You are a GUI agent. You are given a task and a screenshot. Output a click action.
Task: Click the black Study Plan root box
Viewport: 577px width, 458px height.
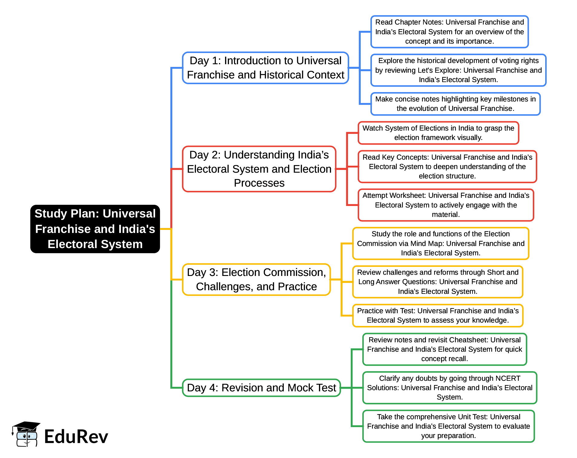point(95,229)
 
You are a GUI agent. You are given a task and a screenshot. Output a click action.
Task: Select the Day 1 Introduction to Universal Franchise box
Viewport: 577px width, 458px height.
point(265,68)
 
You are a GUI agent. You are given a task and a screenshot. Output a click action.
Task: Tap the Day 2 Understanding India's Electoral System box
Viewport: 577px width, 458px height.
point(259,169)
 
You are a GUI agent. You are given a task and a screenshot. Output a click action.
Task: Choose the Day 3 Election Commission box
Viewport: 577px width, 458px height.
point(256,280)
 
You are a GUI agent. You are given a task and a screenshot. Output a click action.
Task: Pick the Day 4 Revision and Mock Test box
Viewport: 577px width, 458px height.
point(261,388)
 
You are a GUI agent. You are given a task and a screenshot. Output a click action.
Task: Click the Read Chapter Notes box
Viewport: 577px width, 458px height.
point(449,32)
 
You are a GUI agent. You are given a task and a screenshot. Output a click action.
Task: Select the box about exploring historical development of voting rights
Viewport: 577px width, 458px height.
point(458,70)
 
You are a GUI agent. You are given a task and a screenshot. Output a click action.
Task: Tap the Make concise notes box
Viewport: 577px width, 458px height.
point(455,104)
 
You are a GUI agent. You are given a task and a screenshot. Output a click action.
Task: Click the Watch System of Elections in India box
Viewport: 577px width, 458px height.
point(438,133)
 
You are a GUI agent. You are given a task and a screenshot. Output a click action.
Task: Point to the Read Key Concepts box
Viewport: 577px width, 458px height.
point(447,167)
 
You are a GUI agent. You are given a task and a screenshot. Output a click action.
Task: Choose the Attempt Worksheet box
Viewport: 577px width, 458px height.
point(446,205)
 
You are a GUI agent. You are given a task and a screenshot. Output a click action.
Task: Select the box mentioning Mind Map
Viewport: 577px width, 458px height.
point(441,244)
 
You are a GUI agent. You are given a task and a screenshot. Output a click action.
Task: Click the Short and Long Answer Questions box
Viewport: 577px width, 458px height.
point(438,282)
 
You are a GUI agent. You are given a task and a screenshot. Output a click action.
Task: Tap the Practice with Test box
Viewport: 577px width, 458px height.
point(438,316)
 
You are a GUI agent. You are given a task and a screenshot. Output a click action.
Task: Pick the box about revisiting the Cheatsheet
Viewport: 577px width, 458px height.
point(444,349)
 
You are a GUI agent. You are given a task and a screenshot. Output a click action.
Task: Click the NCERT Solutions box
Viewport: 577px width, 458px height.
point(449,388)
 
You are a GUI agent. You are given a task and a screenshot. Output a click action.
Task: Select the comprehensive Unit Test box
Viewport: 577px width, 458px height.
point(448,426)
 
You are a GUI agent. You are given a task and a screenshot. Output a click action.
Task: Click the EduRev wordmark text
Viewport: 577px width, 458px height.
point(76,437)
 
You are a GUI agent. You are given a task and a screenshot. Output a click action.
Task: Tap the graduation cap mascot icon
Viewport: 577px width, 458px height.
point(26,434)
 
